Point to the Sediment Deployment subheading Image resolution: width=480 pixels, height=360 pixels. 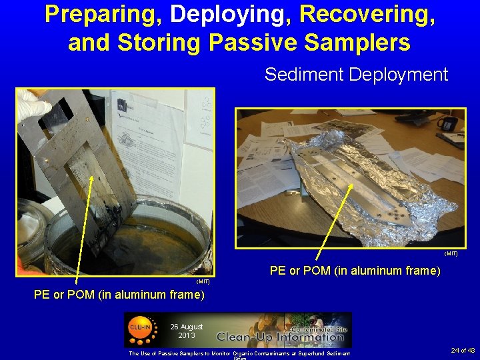click(x=356, y=74)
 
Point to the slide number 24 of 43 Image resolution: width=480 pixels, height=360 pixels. click(x=463, y=350)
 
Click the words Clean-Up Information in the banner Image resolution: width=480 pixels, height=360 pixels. click(x=280, y=337)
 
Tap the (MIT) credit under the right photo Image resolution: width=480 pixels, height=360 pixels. click(x=451, y=253)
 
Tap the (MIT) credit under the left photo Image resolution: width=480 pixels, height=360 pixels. click(x=203, y=281)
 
